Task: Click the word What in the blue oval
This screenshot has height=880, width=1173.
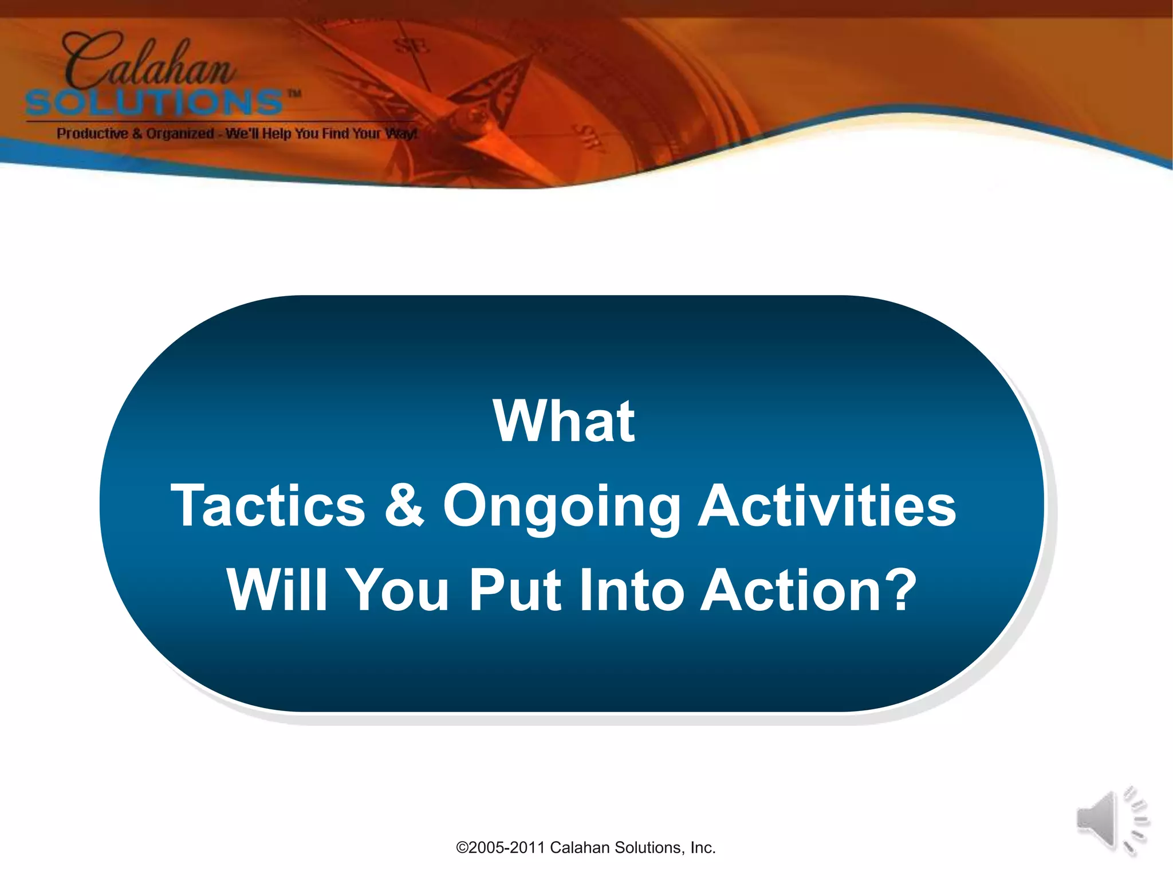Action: click(x=564, y=422)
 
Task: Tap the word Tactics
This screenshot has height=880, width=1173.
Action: click(x=268, y=505)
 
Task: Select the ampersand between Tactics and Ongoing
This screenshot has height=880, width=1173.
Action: click(x=404, y=504)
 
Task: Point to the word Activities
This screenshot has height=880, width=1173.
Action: click(x=827, y=505)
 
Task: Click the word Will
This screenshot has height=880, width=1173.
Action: click(x=277, y=590)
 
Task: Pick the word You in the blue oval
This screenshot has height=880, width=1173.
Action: click(x=399, y=590)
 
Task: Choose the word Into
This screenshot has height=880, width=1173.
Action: click(x=629, y=590)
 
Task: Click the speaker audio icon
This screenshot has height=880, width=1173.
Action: click(x=1111, y=820)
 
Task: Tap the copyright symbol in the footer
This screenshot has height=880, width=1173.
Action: click(x=462, y=847)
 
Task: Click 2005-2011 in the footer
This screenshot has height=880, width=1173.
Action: click(x=507, y=847)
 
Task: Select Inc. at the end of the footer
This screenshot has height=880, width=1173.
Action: click(x=703, y=847)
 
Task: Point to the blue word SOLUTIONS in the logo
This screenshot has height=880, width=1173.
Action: click(x=155, y=103)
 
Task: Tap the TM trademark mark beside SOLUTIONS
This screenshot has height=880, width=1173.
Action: click(x=294, y=93)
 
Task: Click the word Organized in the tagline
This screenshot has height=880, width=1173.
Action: click(x=179, y=133)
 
